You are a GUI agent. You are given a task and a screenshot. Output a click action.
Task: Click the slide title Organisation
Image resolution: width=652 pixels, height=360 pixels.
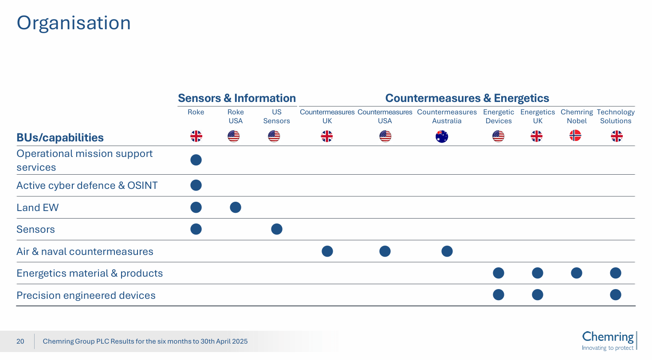click(74, 23)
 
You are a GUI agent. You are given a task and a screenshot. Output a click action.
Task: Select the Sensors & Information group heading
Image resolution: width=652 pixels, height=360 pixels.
click(236, 98)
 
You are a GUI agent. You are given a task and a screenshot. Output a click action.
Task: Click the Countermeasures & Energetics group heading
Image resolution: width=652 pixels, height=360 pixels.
click(467, 98)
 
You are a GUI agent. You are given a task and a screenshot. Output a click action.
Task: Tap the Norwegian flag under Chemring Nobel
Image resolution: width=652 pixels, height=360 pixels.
click(575, 136)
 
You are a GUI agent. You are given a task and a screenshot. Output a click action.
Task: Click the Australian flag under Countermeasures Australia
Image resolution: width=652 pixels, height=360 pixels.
click(442, 137)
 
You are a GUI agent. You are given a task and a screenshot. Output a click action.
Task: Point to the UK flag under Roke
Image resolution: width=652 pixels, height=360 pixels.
click(196, 136)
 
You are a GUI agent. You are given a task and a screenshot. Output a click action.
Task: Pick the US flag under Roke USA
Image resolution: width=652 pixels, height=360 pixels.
click(234, 136)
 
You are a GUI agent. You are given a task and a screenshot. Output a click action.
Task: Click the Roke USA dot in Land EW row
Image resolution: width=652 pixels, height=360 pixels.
click(236, 207)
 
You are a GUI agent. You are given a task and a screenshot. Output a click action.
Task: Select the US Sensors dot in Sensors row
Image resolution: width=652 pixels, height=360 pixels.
click(277, 229)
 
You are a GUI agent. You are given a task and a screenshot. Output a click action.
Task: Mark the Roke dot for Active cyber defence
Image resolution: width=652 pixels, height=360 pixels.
click(196, 185)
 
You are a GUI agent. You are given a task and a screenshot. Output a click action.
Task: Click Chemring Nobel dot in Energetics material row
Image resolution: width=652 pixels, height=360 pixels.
click(577, 273)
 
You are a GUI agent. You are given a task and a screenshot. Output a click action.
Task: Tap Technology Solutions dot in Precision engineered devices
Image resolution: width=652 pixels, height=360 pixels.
click(616, 295)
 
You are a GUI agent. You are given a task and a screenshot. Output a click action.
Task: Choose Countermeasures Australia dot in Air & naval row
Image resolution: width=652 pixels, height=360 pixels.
click(447, 251)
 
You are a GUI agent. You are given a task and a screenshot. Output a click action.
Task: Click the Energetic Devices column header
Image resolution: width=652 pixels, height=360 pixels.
click(499, 117)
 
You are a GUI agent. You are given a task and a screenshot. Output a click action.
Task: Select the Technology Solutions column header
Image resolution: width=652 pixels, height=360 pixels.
click(616, 117)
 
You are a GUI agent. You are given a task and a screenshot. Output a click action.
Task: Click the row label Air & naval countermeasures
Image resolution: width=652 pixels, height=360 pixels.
click(85, 252)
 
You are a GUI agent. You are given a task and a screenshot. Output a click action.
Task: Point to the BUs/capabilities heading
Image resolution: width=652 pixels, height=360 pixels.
click(60, 138)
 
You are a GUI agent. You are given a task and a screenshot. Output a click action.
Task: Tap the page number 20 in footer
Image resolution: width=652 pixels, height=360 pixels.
click(20, 341)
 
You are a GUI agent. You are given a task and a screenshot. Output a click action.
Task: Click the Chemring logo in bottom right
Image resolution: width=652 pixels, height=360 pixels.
click(609, 340)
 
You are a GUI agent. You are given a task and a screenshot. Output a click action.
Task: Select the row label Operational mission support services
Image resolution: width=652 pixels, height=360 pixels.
click(84, 160)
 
